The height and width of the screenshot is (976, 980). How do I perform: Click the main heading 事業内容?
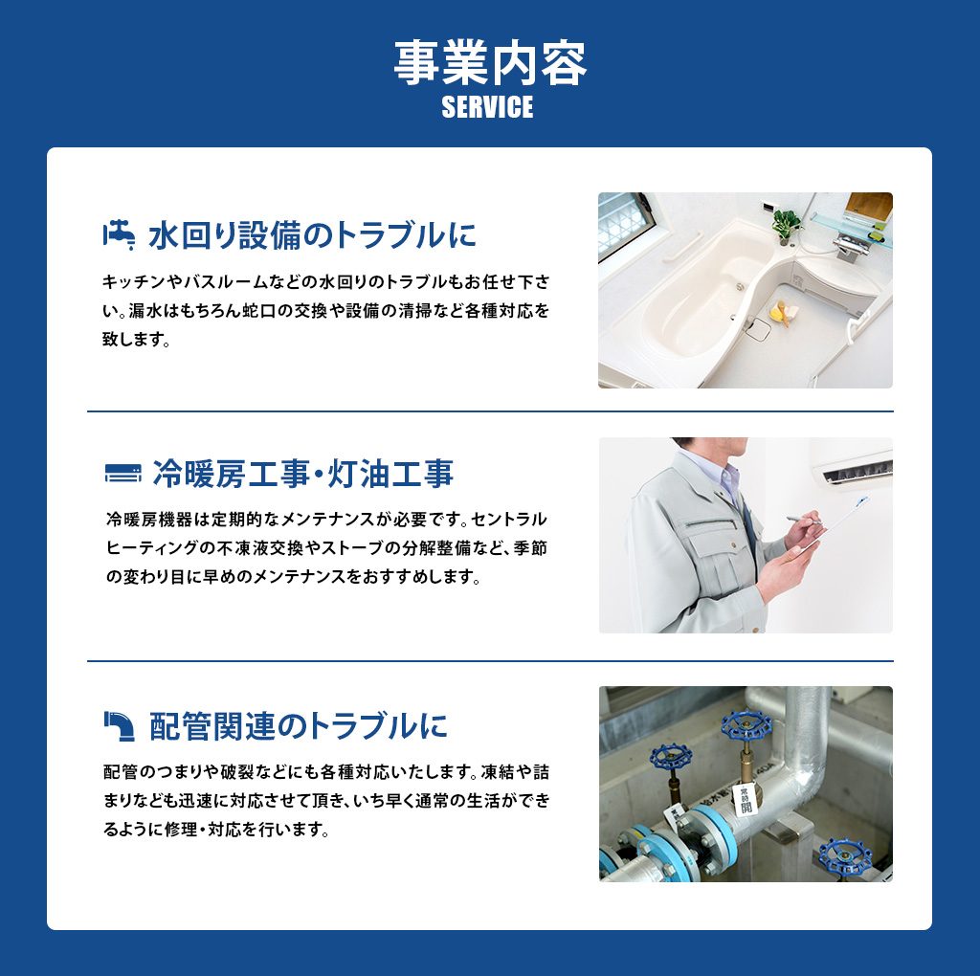point(490,63)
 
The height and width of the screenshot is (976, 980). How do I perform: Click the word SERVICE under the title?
point(487,107)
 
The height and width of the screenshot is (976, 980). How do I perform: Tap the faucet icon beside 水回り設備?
point(120,235)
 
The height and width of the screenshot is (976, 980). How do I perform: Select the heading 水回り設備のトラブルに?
point(313,235)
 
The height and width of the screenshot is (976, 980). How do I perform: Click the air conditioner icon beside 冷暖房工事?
point(123,474)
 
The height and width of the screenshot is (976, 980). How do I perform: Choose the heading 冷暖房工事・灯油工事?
point(303,474)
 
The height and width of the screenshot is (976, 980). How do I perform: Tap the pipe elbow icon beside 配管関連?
point(119,725)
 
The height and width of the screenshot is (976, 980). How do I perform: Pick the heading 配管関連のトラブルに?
point(299,725)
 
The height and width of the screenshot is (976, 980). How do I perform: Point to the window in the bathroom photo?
point(625,226)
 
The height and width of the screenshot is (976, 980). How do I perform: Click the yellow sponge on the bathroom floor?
point(779,312)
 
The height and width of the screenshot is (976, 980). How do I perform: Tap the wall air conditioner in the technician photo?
point(854,464)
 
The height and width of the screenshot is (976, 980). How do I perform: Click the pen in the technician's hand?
point(804,520)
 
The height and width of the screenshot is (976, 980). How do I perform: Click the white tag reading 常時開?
point(745,799)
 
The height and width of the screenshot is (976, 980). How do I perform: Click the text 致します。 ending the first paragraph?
point(137,340)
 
